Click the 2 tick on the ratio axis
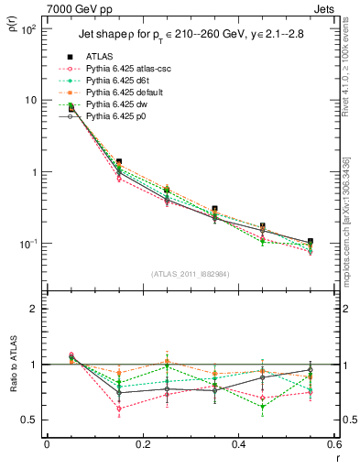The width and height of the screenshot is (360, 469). (x=35, y=309)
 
